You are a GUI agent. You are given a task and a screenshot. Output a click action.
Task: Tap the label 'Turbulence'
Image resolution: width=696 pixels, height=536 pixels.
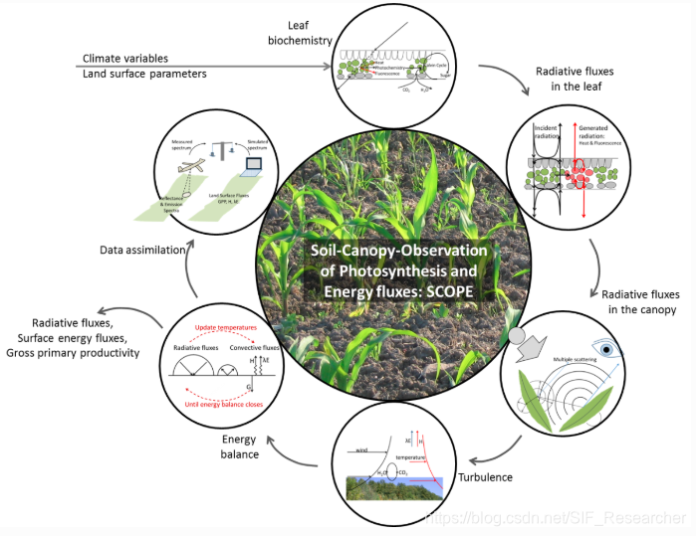[x=485, y=477]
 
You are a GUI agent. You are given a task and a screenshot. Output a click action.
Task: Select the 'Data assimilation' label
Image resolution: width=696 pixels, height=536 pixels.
[x=141, y=251]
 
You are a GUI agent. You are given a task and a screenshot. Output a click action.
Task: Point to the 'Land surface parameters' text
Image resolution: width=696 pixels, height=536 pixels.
[x=144, y=75]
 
